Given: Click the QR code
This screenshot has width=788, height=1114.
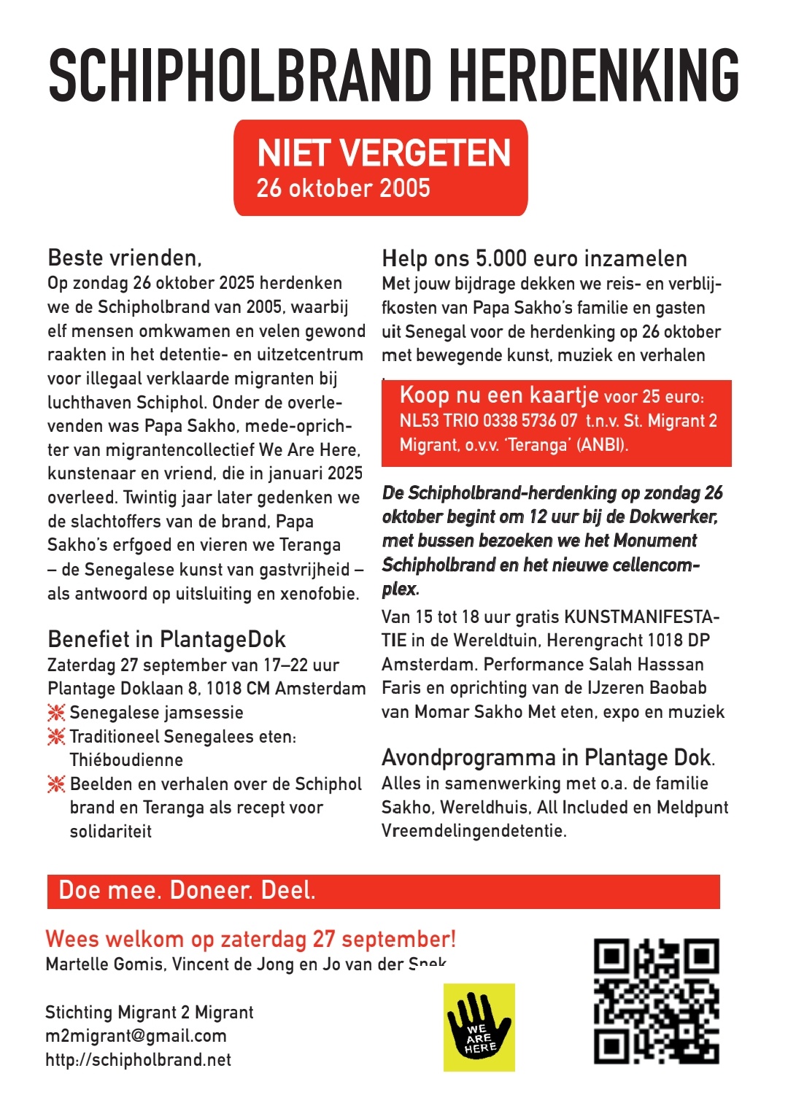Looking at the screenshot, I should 657,1001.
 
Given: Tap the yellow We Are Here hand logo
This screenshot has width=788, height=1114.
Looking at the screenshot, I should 479,1027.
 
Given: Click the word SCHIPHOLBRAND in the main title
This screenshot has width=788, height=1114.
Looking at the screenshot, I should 240,75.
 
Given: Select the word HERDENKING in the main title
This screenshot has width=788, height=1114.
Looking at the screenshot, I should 593,75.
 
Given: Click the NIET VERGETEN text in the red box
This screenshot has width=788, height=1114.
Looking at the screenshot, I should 384,153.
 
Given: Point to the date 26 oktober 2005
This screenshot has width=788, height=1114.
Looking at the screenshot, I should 343,188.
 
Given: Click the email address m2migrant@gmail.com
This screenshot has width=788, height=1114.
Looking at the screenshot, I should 136,1036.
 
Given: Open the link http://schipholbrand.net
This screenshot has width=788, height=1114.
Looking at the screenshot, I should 138,1060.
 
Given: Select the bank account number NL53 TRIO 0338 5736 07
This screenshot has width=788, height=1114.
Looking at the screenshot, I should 488,421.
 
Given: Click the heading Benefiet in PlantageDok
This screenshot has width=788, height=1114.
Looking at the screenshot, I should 166,639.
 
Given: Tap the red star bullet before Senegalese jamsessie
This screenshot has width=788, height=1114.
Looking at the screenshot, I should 56,713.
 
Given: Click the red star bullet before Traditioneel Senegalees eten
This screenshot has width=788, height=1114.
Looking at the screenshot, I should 56,737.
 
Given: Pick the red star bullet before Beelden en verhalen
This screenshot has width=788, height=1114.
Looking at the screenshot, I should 56,784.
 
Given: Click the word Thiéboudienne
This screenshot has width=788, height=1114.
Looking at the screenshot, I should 126,760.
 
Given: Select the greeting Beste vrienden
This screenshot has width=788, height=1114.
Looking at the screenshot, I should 124,258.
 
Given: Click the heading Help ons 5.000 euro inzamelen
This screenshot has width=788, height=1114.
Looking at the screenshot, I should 534,258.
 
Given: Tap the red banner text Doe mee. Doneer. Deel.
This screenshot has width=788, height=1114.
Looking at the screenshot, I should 187,891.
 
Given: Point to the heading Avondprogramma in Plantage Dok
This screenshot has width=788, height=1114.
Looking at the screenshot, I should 547,757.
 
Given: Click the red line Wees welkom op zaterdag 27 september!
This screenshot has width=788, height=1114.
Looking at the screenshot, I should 250,939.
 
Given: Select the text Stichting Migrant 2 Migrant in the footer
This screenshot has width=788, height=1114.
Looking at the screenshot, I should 149,1013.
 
